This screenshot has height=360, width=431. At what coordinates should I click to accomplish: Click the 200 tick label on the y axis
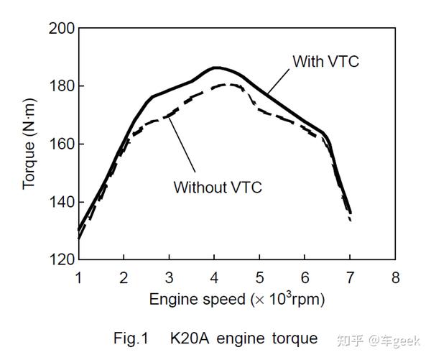click(x=61, y=29)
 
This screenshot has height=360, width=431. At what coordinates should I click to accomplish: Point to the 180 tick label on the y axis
click(x=61, y=86)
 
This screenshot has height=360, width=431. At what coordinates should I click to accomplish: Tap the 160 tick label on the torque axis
click(x=61, y=144)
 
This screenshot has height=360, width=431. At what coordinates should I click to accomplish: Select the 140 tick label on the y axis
click(x=61, y=202)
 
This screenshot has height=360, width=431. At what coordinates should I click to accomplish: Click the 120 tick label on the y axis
click(x=61, y=259)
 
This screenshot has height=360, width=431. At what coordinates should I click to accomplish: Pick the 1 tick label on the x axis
click(x=78, y=277)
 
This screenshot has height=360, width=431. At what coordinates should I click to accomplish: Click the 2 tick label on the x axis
click(x=124, y=277)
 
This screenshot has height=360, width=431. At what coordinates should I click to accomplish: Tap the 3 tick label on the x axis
click(x=169, y=277)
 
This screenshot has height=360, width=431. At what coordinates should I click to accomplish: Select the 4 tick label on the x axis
click(x=214, y=277)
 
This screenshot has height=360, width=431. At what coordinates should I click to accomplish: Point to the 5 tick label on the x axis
click(x=259, y=277)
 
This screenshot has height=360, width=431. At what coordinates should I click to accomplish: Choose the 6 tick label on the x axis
click(x=305, y=277)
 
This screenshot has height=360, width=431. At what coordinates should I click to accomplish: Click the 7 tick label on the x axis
click(x=350, y=277)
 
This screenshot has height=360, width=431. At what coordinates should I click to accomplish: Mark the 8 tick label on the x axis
click(x=394, y=277)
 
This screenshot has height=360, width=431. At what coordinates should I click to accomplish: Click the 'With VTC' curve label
click(x=325, y=62)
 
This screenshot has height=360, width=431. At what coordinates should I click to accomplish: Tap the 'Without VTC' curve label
click(x=218, y=188)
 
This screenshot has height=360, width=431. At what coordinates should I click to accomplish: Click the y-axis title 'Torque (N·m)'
click(x=29, y=144)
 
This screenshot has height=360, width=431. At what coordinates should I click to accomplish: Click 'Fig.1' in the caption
click(x=133, y=338)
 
